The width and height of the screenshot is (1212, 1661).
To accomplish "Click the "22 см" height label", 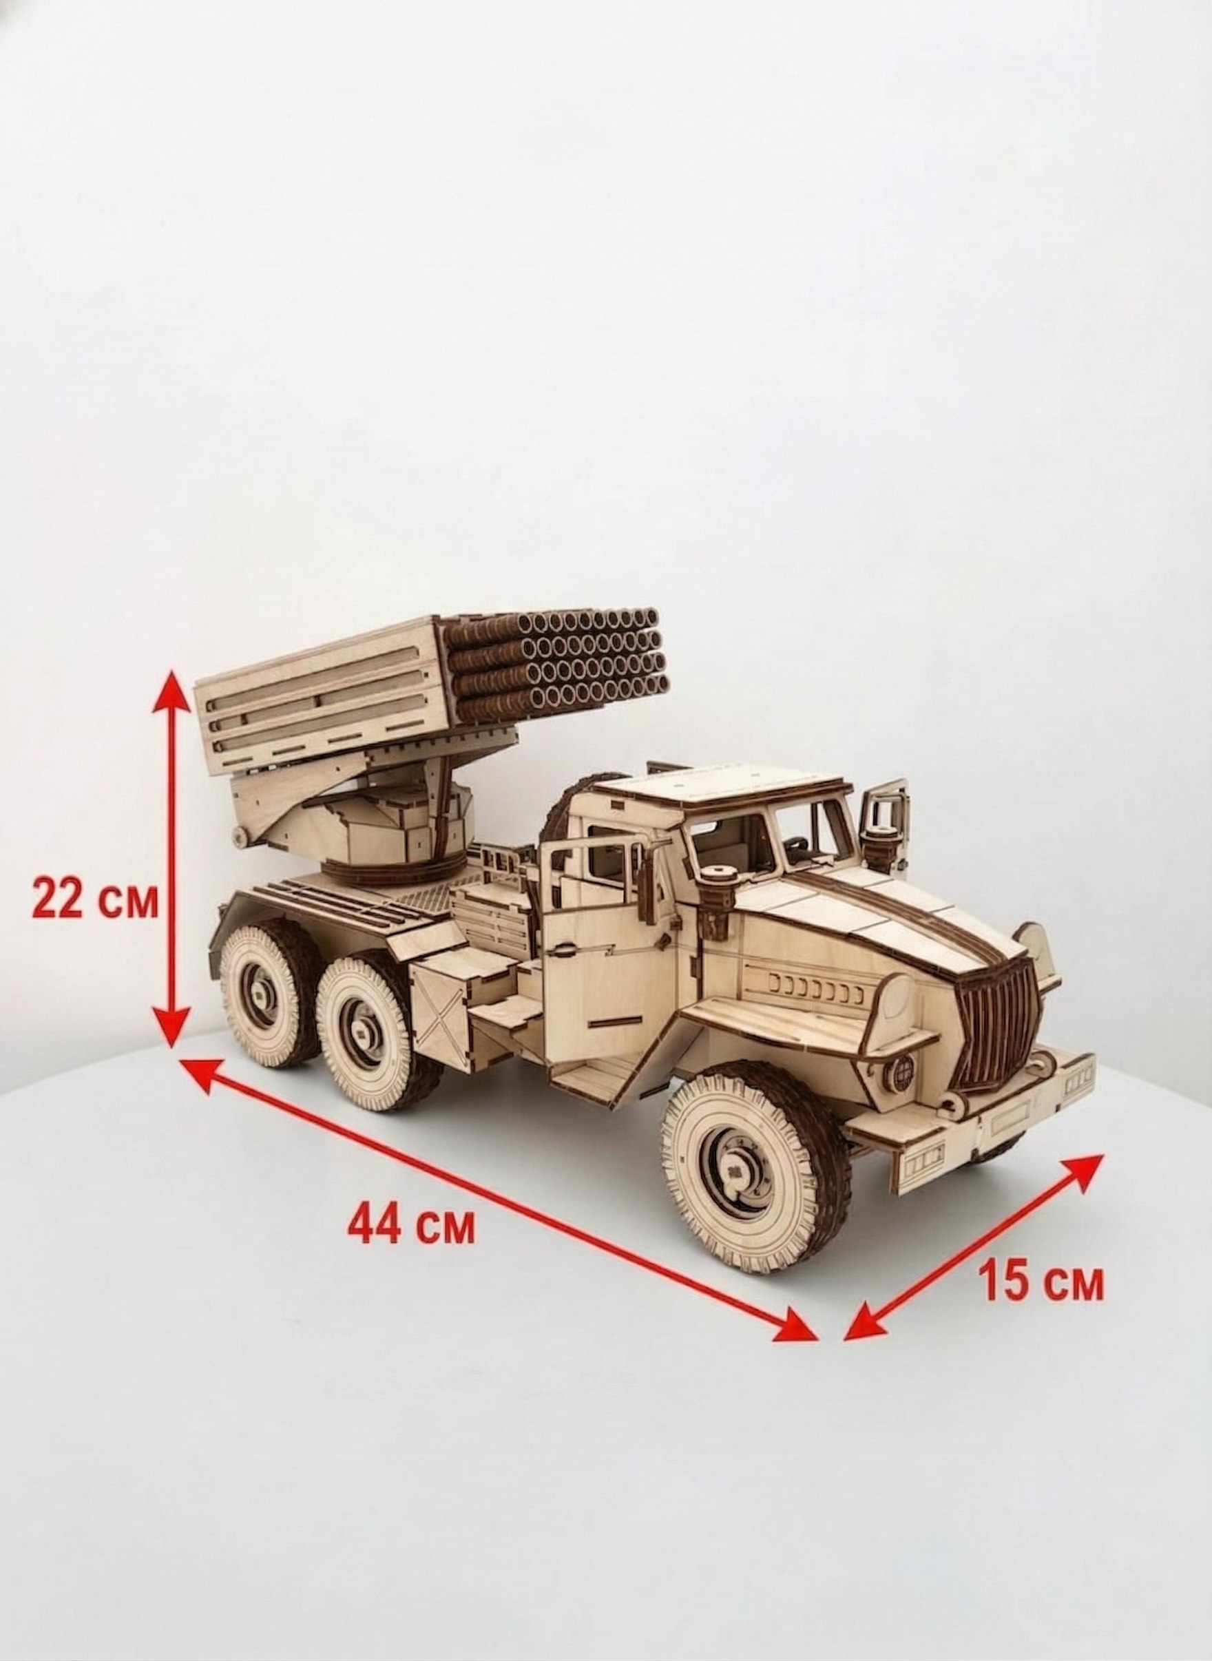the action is coord(95,901).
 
